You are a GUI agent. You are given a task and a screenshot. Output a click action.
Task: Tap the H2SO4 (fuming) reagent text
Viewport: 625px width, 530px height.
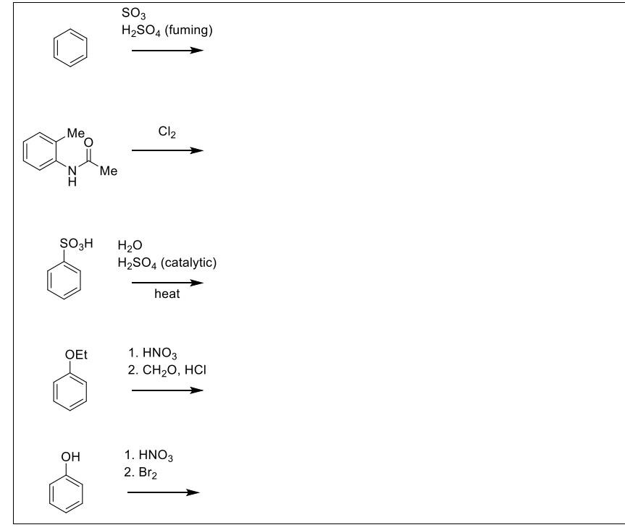[x=168, y=30]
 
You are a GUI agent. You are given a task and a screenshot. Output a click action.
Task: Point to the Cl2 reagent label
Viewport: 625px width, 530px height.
[x=166, y=132]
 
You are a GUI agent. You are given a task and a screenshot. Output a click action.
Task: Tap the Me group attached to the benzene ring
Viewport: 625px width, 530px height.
[x=75, y=133]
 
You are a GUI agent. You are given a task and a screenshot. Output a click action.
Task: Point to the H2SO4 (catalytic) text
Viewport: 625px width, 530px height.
[x=167, y=262]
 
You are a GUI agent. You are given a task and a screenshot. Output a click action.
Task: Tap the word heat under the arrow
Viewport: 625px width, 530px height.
[x=167, y=294]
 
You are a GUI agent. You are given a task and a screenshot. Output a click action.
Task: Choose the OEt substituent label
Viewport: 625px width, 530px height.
[x=76, y=354]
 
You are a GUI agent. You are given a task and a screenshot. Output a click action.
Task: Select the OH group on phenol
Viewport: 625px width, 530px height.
[x=72, y=457]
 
